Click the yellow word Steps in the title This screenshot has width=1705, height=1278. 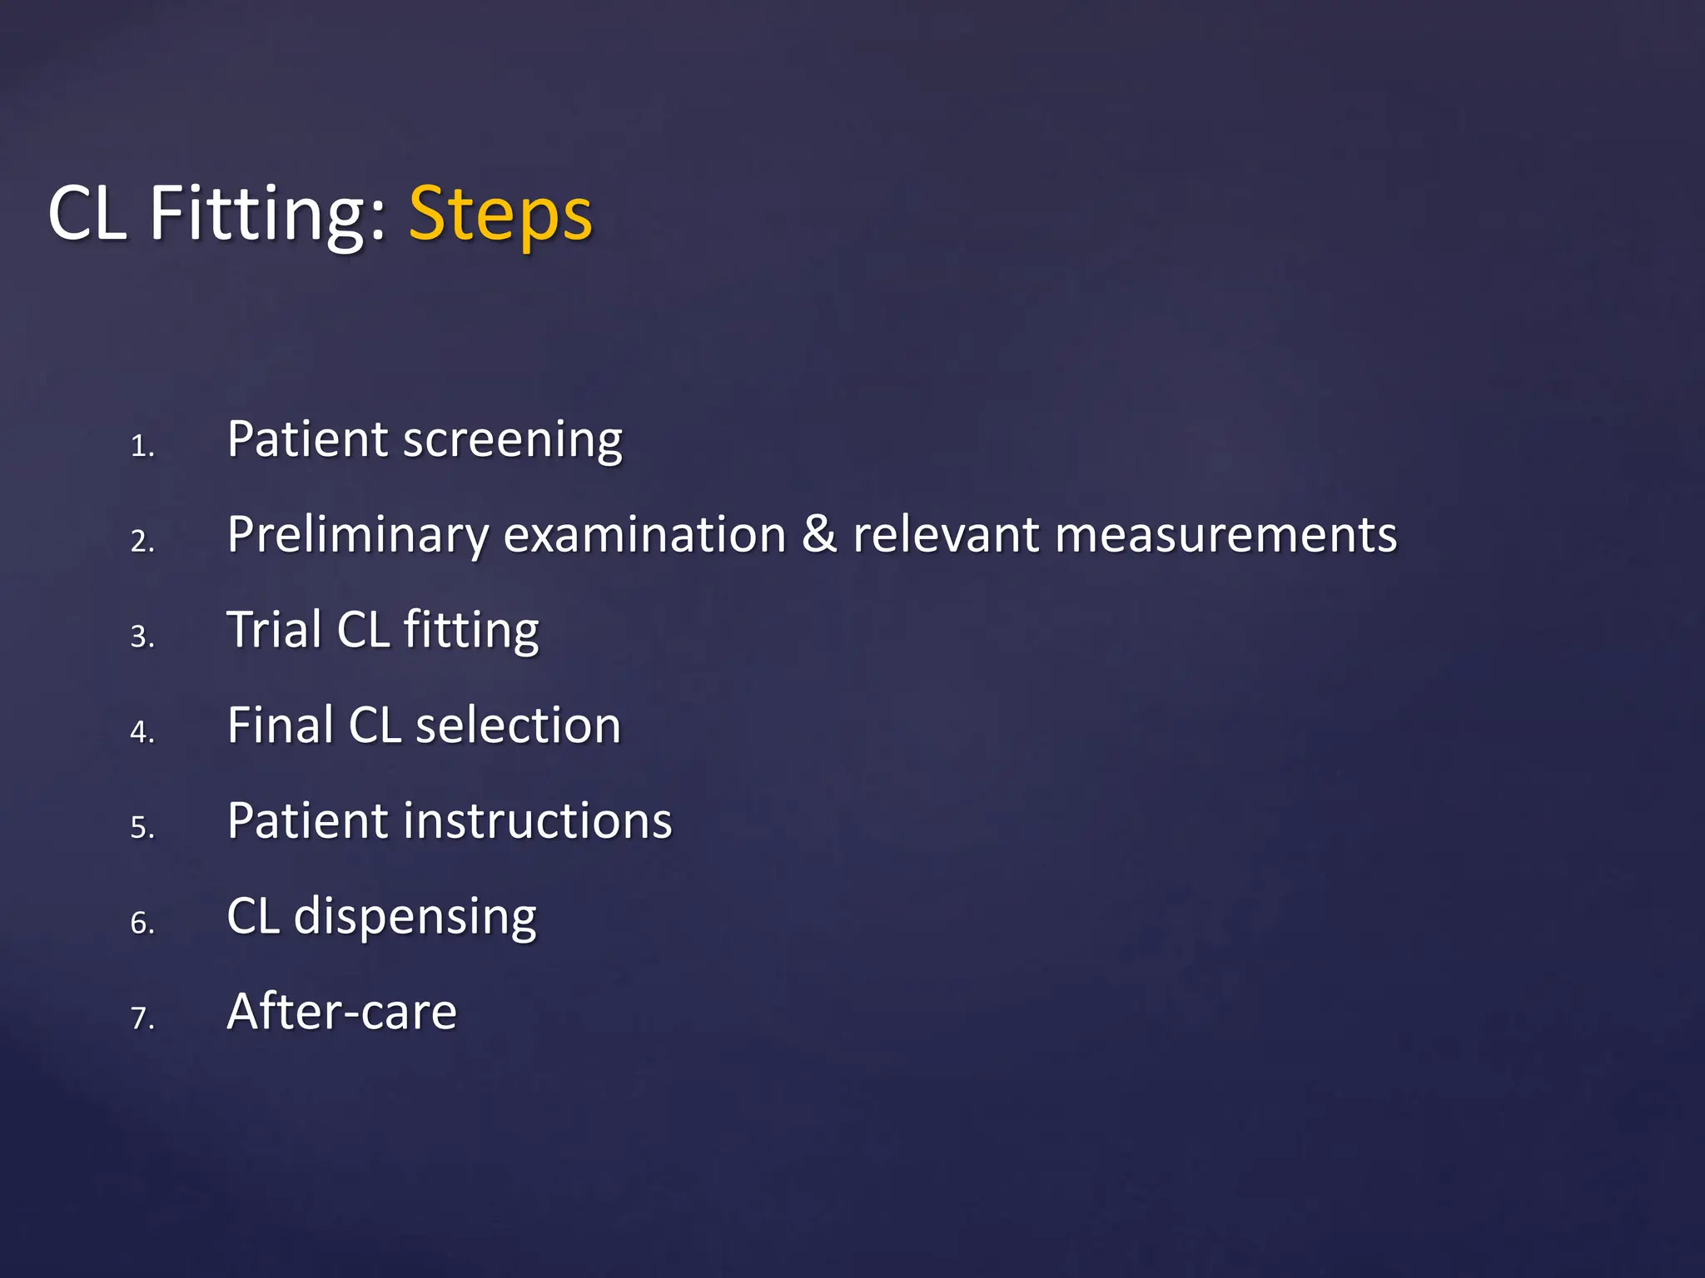[500, 215]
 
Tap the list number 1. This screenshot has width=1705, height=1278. [142, 447]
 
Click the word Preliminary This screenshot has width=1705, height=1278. [358, 535]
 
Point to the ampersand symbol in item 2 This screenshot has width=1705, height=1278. [819, 534]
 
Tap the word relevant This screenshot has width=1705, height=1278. [945, 535]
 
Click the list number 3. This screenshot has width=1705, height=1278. [142, 637]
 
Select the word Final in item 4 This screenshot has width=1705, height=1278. [280, 725]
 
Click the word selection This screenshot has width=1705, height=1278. [518, 726]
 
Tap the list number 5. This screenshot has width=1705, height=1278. [142, 828]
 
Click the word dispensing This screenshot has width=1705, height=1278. [415, 917]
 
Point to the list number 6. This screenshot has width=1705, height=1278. [142, 924]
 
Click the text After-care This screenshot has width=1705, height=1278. [342, 1012]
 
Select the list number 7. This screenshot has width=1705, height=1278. [142, 1018]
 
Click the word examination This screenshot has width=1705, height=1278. [645, 535]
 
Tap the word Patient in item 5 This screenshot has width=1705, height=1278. [307, 820]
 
